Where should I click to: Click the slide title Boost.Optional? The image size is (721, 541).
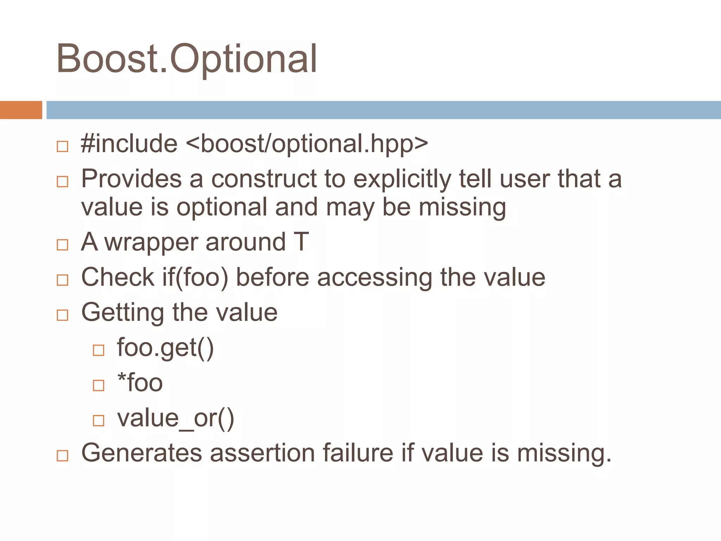(187, 59)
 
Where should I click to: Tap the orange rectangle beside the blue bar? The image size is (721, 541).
(21, 110)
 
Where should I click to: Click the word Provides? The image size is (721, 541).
(131, 179)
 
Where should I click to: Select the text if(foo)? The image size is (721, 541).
(195, 278)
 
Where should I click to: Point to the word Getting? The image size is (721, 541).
(123, 313)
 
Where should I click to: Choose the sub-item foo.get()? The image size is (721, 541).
(165, 348)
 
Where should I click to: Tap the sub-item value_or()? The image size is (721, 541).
(175, 418)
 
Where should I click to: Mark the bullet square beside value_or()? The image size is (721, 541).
(99, 421)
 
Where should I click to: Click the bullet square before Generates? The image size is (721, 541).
(62, 456)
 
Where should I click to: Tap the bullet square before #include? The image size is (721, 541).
(62, 147)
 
